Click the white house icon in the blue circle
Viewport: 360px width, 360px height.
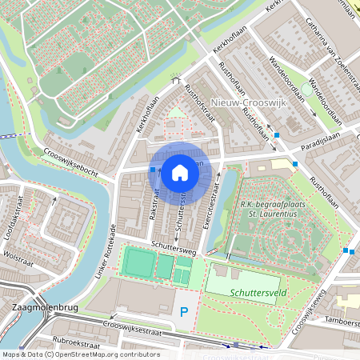point(180,172)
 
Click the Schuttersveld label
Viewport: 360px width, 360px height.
point(254,294)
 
